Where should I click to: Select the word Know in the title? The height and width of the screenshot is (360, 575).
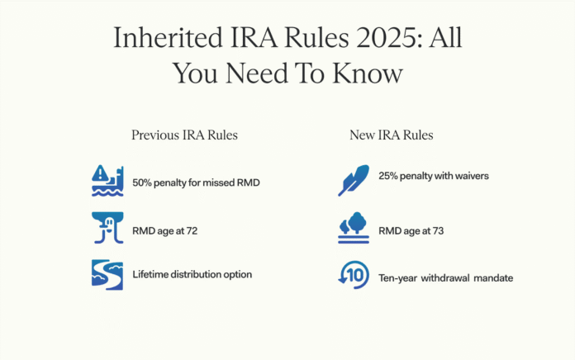point(364,73)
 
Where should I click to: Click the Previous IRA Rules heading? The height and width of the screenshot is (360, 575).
point(184,135)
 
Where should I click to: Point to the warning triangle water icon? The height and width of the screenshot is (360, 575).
point(107,181)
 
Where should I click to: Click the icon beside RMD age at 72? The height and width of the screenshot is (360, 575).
point(107,229)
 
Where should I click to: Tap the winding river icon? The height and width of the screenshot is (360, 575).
point(107,276)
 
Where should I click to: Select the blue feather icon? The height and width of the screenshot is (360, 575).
point(353,181)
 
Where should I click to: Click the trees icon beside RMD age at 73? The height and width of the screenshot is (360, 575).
point(353,229)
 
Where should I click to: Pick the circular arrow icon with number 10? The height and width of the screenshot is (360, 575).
point(353,276)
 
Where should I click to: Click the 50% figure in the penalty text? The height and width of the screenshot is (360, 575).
point(143,182)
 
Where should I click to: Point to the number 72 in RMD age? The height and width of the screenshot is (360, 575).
point(190,230)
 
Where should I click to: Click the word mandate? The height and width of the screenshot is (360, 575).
point(492,278)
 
